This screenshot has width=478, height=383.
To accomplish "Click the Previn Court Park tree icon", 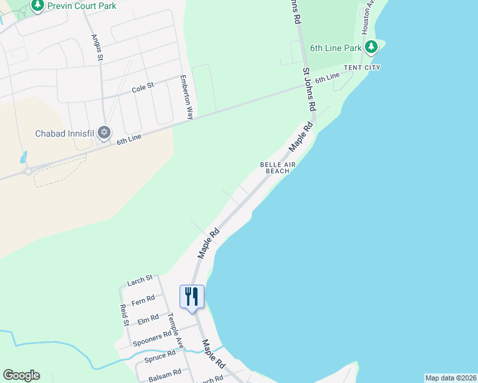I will [x=37, y=5].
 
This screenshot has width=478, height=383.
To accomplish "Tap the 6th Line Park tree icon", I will [x=371, y=47].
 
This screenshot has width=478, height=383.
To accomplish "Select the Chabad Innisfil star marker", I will [x=104, y=133].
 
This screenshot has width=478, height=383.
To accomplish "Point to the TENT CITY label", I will [x=362, y=67].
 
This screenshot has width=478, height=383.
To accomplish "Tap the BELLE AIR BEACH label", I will [x=278, y=168].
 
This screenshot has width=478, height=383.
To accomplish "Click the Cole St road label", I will [x=143, y=88].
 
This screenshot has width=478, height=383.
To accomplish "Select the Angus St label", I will [x=98, y=48].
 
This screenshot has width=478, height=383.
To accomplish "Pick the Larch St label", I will [x=140, y=280].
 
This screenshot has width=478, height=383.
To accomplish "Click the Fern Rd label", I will [x=143, y=299].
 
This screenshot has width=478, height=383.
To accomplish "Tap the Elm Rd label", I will [x=148, y=319].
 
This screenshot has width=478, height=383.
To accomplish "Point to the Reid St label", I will [x=124, y=315].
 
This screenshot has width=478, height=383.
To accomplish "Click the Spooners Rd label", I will [x=152, y=338].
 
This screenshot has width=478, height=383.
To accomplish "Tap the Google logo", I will [x=21, y=375].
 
